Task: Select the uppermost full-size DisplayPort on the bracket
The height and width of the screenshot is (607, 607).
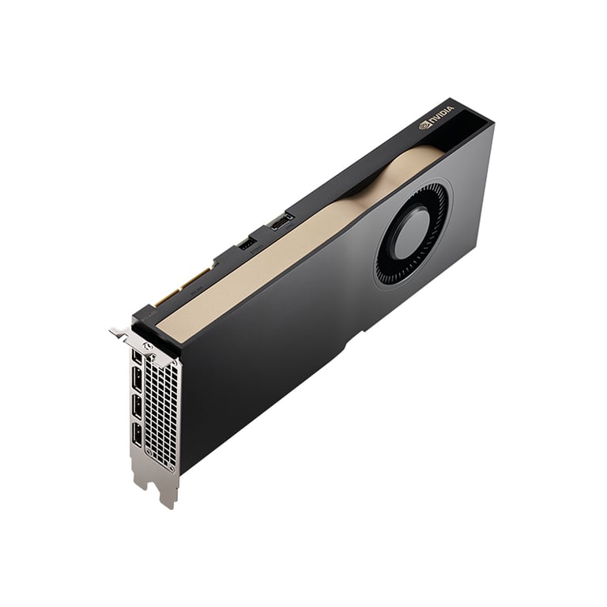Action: (x=137, y=379)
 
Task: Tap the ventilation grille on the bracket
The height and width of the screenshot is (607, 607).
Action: (x=162, y=411)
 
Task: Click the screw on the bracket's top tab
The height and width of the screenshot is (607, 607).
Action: (x=146, y=347)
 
